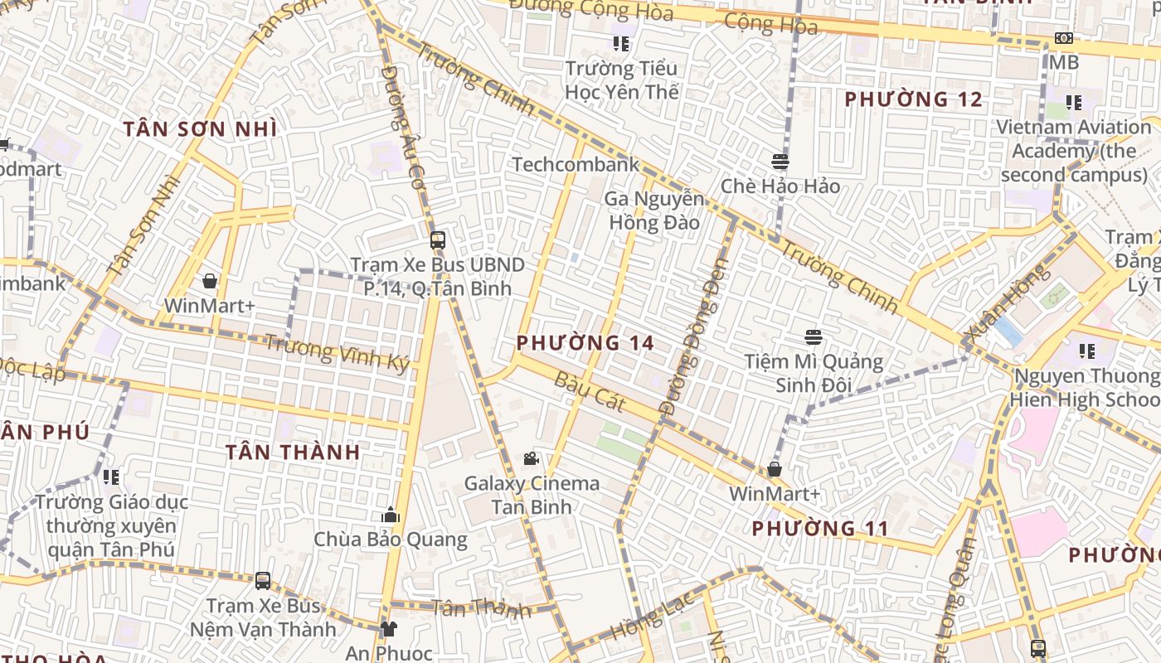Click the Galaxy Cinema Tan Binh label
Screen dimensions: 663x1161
click(531, 495)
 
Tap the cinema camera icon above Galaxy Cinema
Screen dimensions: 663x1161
click(531, 458)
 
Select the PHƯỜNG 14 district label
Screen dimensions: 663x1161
click(585, 342)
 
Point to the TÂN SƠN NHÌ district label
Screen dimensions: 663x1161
click(200, 129)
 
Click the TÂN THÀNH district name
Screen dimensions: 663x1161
click(293, 452)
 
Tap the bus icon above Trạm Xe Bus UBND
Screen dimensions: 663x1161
click(438, 240)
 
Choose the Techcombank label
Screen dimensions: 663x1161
click(576, 164)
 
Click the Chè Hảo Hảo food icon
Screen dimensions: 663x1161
click(780, 162)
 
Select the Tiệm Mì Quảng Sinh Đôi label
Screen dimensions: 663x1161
click(814, 374)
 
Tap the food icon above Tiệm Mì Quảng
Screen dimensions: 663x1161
click(814, 337)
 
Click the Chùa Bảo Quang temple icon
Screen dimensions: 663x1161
click(391, 515)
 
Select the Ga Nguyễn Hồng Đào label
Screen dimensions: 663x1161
click(653, 211)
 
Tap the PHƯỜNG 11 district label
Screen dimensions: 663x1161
click(820, 528)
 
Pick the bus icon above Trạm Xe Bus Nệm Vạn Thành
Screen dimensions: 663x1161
click(263, 580)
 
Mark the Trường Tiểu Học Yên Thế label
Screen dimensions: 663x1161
click(621, 80)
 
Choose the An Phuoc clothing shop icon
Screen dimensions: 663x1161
click(388, 629)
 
